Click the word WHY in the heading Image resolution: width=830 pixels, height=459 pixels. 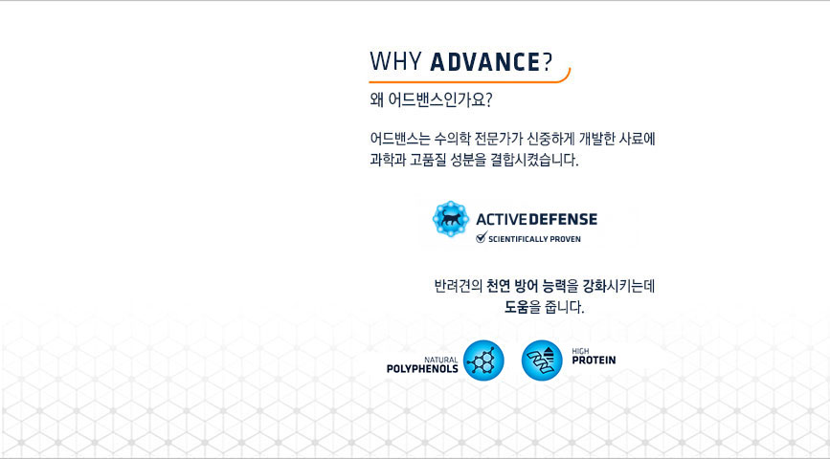pyautogui.click(x=395, y=61)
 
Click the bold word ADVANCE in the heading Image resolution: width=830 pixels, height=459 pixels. pyautogui.click(x=484, y=61)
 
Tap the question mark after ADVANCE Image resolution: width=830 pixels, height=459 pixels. pyautogui.click(x=548, y=61)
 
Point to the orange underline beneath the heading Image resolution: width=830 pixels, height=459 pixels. pyautogui.click(x=469, y=81)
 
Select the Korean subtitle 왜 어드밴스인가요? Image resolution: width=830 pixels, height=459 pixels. pyautogui.click(x=431, y=100)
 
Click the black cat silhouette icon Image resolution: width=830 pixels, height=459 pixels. pyautogui.click(x=451, y=218)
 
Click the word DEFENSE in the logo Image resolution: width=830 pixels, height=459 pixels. pyautogui.click(x=563, y=219)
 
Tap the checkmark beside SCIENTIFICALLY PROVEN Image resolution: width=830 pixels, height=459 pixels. pyautogui.click(x=482, y=237)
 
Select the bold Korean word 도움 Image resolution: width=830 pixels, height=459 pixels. pyautogui.click(x=516, y=307)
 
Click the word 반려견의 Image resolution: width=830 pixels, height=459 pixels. pyautogui.click(x=458, y=286)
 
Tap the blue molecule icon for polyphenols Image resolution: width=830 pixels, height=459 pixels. pyautogui.click(x=483, y=361)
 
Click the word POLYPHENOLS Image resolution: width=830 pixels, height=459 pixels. pyautogui.click(x=422, y=369)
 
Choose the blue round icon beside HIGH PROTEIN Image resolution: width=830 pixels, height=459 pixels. pyautogui.click(x=542, y=361)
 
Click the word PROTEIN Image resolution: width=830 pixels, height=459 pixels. pyautogui.click(x=594, y=361)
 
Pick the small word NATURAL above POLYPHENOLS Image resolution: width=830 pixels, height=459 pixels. pyautogui.click(x=441, y=360)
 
